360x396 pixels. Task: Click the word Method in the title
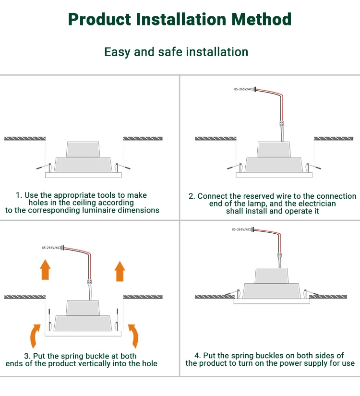coord(261,19)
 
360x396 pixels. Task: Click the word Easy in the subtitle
coord(117,52)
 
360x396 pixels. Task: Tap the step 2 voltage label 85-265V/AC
coord(243,89)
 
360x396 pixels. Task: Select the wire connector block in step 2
coord(282,123)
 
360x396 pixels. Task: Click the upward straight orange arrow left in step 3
coord(45,269)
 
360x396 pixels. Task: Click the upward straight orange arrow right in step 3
coord(120,271)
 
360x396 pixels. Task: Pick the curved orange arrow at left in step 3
coord(35,336)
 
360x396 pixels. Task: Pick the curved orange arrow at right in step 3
coord(134,336)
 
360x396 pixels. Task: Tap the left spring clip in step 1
coord(45,167)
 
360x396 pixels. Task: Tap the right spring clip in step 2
coord(313,167)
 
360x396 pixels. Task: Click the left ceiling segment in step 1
coord(25,138)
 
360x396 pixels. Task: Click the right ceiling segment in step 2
coord(334,138)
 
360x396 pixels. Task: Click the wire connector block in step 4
coord(279,255)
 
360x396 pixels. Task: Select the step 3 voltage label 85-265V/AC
coord(51,248)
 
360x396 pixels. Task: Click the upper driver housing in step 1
coord(83,149)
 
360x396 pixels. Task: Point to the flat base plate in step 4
coord(272,301)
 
